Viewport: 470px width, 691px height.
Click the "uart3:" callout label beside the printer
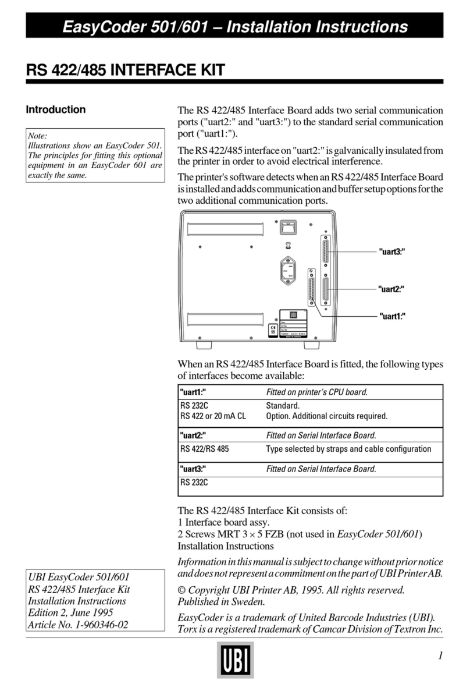coord(391,251)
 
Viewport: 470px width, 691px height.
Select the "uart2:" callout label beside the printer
coord(391,288)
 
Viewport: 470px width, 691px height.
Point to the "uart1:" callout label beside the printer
coord(391,316)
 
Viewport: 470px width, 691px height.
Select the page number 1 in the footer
coord(440,655)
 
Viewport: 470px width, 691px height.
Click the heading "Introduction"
coord(56,109)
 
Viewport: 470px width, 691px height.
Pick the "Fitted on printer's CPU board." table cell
coord(316,392)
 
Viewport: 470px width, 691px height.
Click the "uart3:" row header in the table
coord(193,468)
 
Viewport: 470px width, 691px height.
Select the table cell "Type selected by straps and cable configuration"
coord(348,449)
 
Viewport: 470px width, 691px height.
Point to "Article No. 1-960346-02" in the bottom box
coord(78,626)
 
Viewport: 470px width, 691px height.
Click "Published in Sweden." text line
coord(221,602)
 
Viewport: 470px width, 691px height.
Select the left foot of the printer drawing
coord(202,346)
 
